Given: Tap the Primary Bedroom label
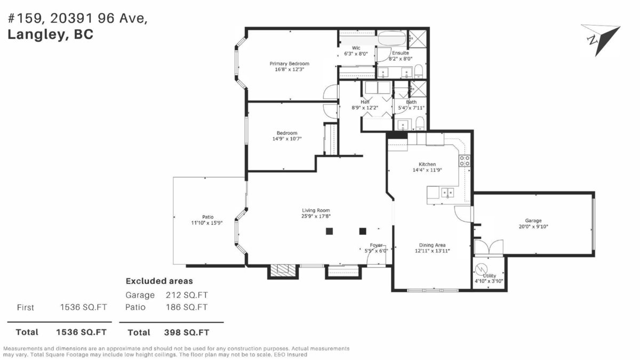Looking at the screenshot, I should pos(289,63).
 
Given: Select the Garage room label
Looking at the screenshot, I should pos(533,220).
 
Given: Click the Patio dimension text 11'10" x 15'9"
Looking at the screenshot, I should pos(207,222).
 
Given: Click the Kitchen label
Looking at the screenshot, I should pos(427,164).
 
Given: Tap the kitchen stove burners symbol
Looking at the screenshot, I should pos(465,161).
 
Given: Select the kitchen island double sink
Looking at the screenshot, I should pos(447,192).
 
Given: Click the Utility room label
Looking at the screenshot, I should pos(489,276).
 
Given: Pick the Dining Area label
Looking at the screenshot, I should pos(433,245).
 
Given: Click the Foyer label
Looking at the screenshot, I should pos(376,245).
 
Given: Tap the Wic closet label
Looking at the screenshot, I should pos(356,48).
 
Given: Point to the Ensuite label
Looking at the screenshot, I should pos(400,53).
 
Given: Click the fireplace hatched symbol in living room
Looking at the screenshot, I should pos(281,271).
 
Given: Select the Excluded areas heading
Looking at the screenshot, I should pos(159,281).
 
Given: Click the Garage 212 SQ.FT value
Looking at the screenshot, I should pos(187,295).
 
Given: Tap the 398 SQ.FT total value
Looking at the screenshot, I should pos(187,332).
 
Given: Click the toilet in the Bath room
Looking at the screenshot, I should pos(420,124).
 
